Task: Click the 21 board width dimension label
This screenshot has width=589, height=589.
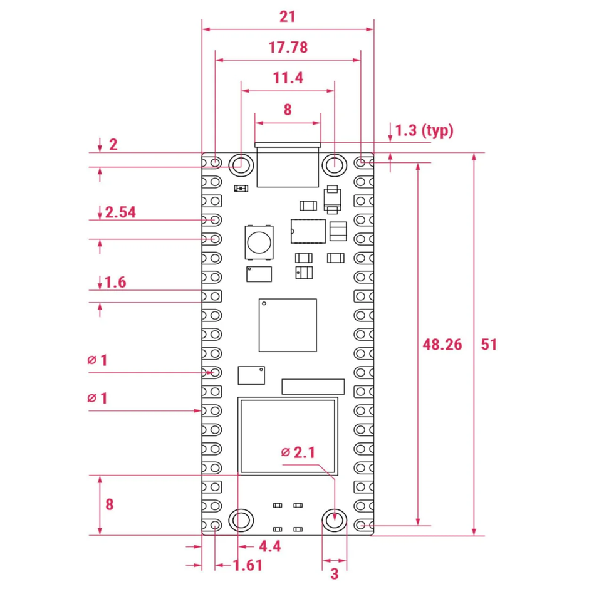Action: (x=287, y=17)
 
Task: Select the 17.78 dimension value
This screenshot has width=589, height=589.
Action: (x=288, y=48)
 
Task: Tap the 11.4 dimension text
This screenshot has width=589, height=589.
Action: (x=288, y=78)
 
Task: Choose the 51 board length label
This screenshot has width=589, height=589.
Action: (x=489, y=344)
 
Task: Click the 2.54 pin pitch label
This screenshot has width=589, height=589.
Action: (x=120, y=212)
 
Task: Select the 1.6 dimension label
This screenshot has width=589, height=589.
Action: (x=116, y=283)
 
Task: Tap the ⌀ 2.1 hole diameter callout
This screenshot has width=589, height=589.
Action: (x=298, y=452)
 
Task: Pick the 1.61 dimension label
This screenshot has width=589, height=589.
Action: (x=247, y=566)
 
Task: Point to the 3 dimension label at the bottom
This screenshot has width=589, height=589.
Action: (x=334, y=573)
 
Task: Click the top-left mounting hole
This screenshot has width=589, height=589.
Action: (x=241, y=165)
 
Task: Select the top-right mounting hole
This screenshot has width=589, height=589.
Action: (x=334, y=165)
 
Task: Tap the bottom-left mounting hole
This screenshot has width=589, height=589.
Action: (x=241, y=520)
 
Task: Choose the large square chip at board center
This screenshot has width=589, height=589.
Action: (x=288, y=325)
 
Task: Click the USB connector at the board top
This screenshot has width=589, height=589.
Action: (x=288, y=166)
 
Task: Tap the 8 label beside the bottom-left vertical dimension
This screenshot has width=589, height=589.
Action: (x=109, y=504)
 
